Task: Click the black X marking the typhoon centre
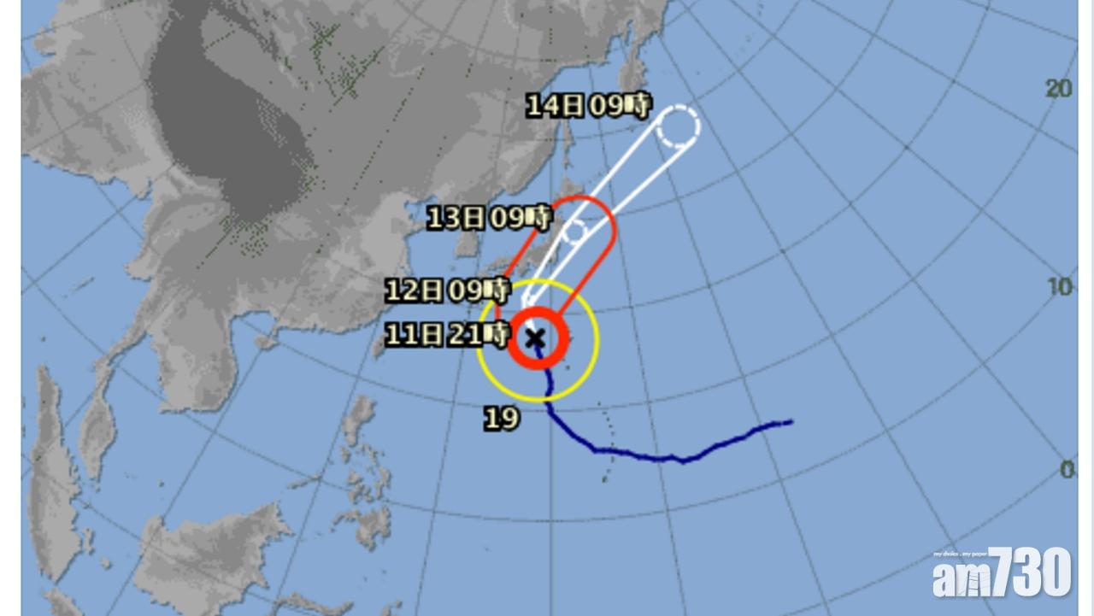tap(535, 339)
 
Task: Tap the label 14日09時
tap(588, 106)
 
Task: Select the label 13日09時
tap(489, 218)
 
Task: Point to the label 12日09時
tap(447, 291)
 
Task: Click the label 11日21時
tap(447, 334)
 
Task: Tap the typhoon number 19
tap(502, 419)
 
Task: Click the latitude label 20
tap(1059, 88)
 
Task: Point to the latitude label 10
tap(1060, 287)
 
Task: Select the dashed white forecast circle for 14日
tap(679, 126)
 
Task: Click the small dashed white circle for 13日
tap(575, 230)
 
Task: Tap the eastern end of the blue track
tap(790, 421)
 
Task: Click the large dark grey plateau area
tap(231, 128)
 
